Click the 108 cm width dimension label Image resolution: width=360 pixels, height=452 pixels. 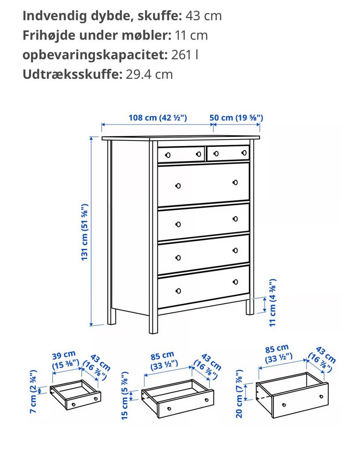click(157, 118)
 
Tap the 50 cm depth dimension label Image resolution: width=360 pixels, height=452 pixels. click(236, 118)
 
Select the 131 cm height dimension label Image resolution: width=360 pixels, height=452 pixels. click(84, 232)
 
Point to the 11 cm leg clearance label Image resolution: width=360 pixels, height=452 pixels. click(273, 303)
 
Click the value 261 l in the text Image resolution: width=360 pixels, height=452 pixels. click(184, 55)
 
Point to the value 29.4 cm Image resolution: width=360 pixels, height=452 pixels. click(149, 74)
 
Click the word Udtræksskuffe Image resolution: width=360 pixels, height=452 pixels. click(72, 74)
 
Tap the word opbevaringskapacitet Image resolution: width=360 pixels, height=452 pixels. click(95, 55)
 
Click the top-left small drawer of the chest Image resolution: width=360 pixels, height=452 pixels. click(181, 154)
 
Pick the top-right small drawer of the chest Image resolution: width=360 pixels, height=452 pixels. click(228, 153)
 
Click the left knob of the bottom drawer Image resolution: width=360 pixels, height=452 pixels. click(178, 291)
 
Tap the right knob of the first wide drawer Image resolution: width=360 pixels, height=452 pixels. click(235, 182)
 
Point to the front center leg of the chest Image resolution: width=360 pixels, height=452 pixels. click(153, 237)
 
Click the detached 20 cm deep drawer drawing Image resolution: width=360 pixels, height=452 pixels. click(292, 395)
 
